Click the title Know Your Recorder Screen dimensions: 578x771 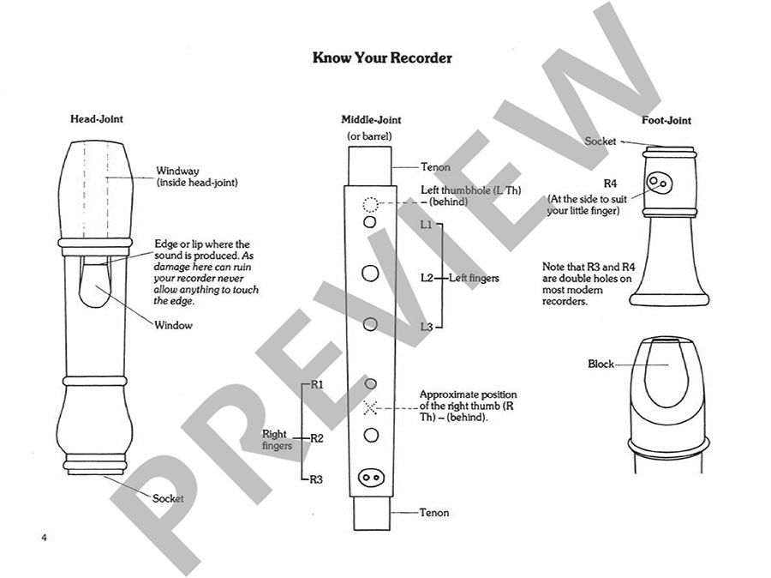[x=382, y=58]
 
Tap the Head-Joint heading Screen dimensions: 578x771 [x=97, y=119]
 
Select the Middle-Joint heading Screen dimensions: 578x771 [x=371, y=120]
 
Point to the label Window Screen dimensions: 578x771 [x=174, y=325]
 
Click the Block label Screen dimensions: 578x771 [x=601, y=364]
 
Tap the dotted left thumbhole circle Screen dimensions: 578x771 [x=370, y=204]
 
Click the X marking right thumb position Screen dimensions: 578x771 [x=370, y=406]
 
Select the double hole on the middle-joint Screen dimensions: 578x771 [x=370, y=477]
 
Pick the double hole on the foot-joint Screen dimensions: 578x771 [x=660, y=183]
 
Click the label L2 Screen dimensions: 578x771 [x=427, y=277]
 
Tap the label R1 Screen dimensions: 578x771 [x=316, y=384]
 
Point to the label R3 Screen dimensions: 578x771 [x=316, y=480]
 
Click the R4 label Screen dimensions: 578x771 [x=610, y=184]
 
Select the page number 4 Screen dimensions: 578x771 [x=43, y=538]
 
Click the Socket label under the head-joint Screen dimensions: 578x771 [x=168, y=498]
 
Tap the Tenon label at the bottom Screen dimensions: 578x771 [x=433, y=513]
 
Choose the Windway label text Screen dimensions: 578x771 [x=177, y=171]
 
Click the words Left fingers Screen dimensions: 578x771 [x=474, y=278]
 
